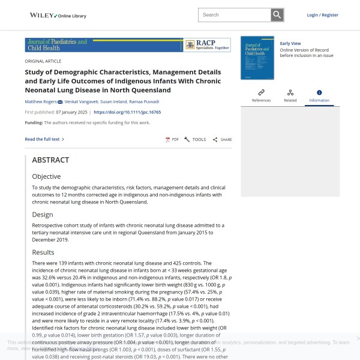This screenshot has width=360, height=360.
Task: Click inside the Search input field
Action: (x=234, y=15)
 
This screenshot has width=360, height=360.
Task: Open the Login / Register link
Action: (x=322, y=15)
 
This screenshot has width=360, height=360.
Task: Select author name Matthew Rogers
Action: (x=41, y=102)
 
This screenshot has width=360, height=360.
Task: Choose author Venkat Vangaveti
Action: (x=80, y=102)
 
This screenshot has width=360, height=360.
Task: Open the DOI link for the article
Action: (x=127, y=112)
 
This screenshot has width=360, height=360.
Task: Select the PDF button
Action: (x=172, y=139)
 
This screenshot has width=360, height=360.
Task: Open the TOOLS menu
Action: (x=195, y=139)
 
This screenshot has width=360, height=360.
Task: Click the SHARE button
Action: (x=222, y=139)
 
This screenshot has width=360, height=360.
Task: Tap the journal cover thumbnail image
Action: (x=257, y=58)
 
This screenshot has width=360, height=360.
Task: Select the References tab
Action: (x=261, y=96)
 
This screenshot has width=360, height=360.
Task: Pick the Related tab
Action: (x=290, y=96)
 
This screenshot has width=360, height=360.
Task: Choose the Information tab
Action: (x=319, y=96)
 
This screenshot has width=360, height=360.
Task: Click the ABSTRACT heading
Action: (x=50, y=160)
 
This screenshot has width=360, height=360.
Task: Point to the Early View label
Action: (x=290, y=44)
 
